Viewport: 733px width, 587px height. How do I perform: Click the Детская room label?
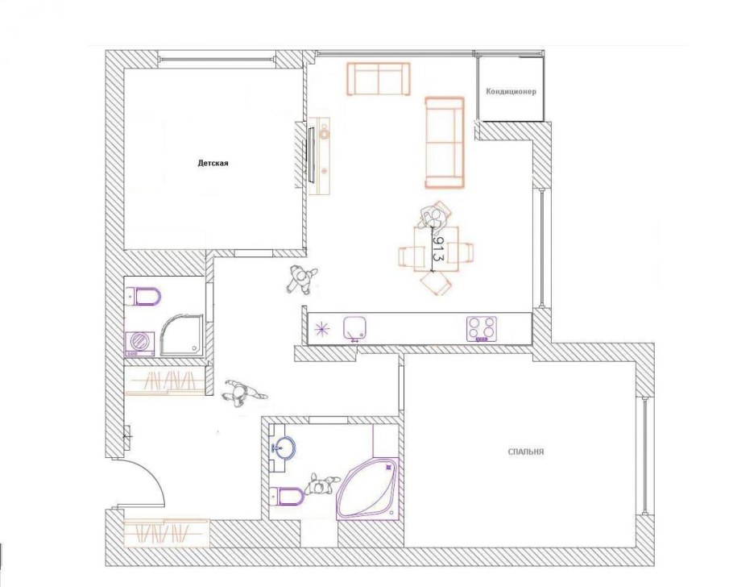click(213, 164)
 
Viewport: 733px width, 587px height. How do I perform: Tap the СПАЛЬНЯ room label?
click(526, 452)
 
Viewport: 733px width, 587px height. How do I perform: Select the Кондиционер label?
click(511, 91)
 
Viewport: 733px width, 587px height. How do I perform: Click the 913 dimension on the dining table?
click(437, 249)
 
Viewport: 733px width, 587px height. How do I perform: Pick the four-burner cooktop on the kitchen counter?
click(482, 328)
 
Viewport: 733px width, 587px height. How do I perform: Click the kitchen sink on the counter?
click(354, 327)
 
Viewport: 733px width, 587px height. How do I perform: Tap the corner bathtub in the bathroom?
click(368, 489)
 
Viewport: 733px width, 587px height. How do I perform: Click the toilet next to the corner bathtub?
click(287, 496)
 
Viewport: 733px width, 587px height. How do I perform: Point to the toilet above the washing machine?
click(143, 296)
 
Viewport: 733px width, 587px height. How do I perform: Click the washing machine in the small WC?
click(140, 343)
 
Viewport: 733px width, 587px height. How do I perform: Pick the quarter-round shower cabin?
click(182, 335)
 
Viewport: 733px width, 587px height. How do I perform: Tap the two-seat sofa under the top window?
click(379, 79)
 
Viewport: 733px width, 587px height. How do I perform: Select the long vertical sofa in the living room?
click(445, 142)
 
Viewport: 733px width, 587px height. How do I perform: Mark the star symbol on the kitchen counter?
click(322, 329)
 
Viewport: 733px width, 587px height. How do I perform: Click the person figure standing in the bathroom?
click(321, 485)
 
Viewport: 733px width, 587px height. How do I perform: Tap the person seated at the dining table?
click(436, 216)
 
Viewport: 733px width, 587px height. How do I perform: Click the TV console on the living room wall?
click(321, 156)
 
